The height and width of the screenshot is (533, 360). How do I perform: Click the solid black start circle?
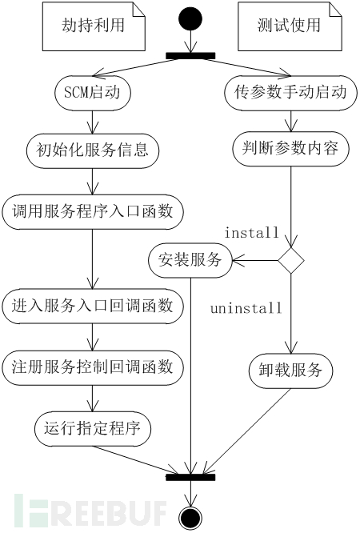point(190,18)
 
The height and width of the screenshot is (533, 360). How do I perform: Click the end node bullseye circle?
point(190,519)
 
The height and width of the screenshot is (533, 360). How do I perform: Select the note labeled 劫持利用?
point(94,26)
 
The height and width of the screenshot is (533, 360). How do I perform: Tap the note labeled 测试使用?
point(290,26)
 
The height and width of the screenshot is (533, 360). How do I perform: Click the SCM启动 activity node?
point(93,93)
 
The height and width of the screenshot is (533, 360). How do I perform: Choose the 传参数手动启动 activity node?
point(290,93)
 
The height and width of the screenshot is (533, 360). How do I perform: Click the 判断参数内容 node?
point(290,149)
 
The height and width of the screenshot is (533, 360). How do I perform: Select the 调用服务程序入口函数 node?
point(93,212)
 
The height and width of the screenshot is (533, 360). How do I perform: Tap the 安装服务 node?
point(190,261)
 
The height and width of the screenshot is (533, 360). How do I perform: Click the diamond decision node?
point(291,260)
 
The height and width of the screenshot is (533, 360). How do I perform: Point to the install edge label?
point(251,233)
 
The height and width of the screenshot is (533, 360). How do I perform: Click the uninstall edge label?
point(246,308)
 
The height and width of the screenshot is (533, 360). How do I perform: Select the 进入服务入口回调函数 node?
point(93,306)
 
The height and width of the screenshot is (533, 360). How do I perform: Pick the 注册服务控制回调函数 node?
point(93,367)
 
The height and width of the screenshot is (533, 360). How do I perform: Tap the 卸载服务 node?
point(290,371)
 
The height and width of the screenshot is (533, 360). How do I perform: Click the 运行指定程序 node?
point(93,429)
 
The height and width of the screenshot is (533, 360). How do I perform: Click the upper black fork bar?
point(190,56)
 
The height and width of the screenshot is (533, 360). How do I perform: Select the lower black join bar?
point(190,477)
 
